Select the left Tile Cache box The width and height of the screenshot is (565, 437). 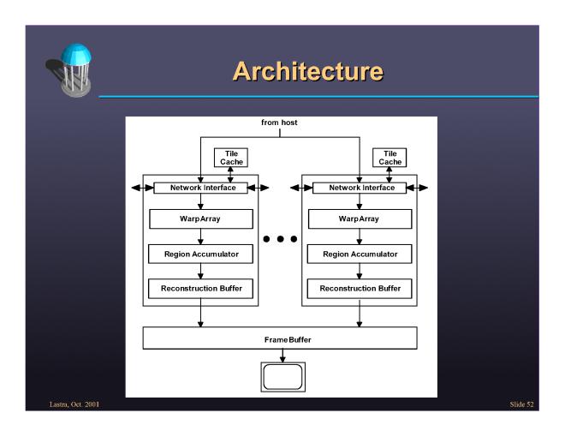[227, 157]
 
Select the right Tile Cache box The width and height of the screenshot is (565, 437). [390, 157]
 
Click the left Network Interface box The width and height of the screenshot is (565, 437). [199, 187]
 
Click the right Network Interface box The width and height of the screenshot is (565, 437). [360, 187]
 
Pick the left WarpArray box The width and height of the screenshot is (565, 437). [199, 218]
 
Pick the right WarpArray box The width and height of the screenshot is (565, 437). [360, 218]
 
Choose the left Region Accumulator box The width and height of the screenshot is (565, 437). [199, 254]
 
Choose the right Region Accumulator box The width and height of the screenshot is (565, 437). [360, 254]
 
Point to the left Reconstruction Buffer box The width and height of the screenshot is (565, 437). [199, 288]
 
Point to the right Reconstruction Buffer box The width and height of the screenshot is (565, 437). [360, 288]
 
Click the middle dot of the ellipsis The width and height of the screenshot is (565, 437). [281, 236]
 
